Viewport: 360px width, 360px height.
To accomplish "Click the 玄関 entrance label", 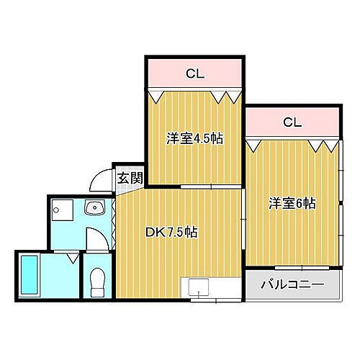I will pyautogui.click(x=130, y=177).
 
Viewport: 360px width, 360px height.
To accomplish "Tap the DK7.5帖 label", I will pyautogui.click(x=172, y=232).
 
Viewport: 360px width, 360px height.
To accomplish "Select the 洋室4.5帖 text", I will pyautogui.click(x=195, y=139).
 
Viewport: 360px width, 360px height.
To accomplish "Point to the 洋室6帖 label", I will pyautogui.click(x=292, y=204).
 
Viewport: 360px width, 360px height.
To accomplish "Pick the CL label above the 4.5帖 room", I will pyautogui.click(x=194, y=73).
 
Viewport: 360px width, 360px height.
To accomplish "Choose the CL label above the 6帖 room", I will pyautogui.click(x=292, y=122).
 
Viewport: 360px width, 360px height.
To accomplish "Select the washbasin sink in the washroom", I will pyautogui.click(x=94, y=208).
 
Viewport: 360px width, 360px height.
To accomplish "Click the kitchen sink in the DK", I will pyautogui.click(x=199, y=290).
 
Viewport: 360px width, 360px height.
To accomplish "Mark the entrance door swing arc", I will pyautogui.click(x=102, y=181).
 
